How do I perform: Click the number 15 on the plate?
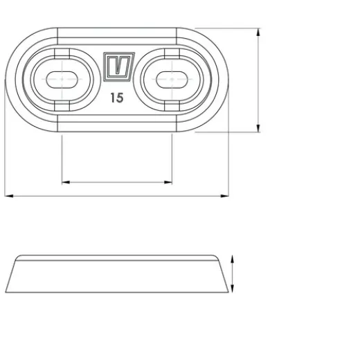(116, 98)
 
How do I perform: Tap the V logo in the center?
(117, 67)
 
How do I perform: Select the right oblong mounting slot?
(171, 79)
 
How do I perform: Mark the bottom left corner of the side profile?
(6, 291)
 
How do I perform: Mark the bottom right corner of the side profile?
(228, 291)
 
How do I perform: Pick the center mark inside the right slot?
(171, 79)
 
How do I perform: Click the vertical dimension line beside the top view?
(259, 80)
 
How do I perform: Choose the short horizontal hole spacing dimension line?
(117, 182)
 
